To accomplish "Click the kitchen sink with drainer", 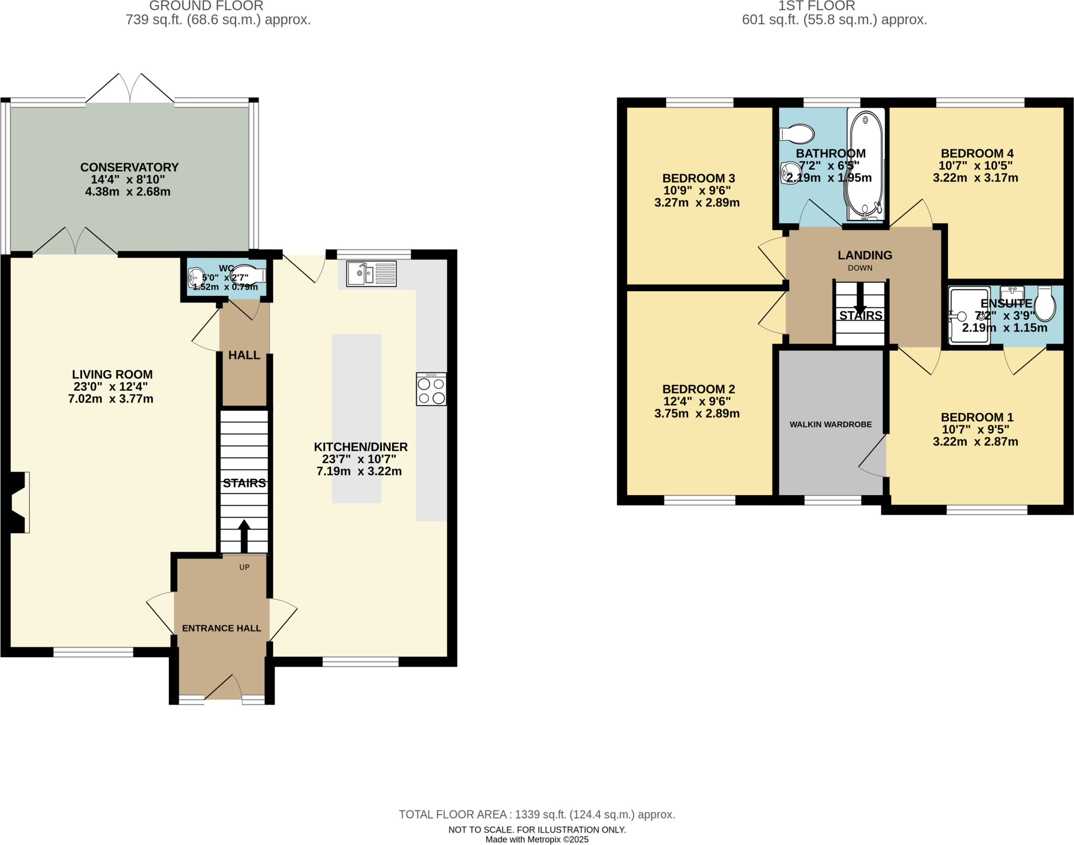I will pos(371,274).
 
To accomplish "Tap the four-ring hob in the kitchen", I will pos(431,389).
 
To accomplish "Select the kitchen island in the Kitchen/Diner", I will pos(357,418).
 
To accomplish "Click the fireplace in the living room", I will pos(17,502).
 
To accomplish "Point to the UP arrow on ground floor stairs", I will pos(244,535).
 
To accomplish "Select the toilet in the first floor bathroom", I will pos(798,134).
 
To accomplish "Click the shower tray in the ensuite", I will pos(969,315).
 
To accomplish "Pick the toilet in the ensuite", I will pos(1045,304).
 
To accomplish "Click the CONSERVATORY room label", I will pos(130,167).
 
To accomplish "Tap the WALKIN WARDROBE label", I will pos(831,424).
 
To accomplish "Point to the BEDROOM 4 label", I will pos(977,154).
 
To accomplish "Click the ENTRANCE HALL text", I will pos(221,628).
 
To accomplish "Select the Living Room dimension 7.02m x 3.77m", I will pos(111,399).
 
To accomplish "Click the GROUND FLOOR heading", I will pos(206,6).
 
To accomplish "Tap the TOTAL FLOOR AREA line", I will pos(536,815).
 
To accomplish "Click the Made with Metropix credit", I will pos(536,840).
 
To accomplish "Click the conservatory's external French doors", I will pos(130,89).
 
